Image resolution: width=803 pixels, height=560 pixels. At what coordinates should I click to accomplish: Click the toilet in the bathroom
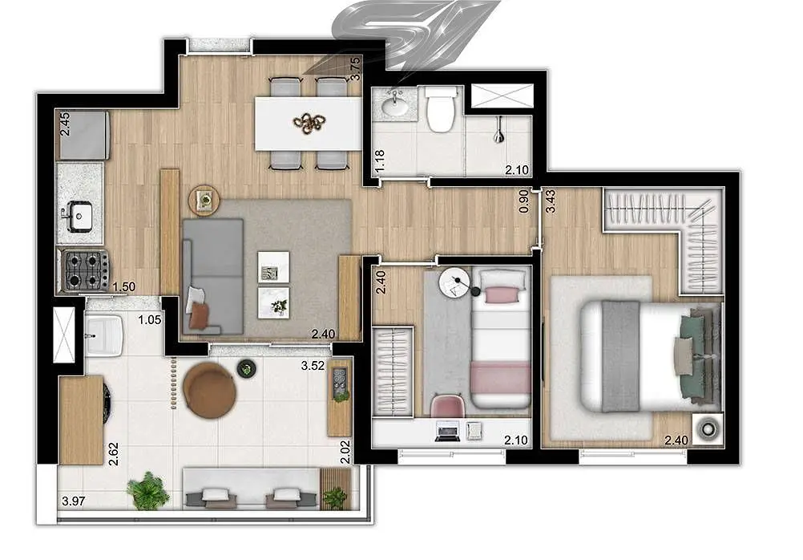tap(441, 109)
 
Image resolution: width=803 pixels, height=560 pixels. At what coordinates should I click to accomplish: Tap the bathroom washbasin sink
tap(394, 107)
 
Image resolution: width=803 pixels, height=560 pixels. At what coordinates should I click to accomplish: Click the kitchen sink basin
tap(79, 215)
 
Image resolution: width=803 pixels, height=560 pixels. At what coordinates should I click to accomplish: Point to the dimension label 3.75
tap(354, 69)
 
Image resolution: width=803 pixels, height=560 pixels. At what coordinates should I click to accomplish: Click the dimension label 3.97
tap(73, 501)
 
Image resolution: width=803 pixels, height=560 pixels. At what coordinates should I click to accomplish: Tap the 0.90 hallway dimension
tap(523, 201)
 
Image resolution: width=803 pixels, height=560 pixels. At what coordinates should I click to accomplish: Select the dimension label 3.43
tap(551, 201)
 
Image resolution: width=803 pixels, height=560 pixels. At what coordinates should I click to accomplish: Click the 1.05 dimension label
tap(150, 320)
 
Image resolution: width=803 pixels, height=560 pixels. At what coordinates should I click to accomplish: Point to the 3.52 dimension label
tap(313, 366)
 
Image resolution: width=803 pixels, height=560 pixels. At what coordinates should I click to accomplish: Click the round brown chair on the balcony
tap(209, 390)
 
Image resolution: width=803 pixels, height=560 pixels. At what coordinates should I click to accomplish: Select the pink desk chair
tap(447, 406)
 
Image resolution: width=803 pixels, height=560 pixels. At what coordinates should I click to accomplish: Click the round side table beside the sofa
tap(204, 200)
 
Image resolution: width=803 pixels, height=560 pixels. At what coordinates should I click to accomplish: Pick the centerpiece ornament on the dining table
tap(309, 123)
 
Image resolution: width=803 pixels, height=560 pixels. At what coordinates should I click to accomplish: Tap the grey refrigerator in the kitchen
tap(84, 136)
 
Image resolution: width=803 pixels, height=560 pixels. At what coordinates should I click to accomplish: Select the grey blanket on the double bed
tap(621, 356)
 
